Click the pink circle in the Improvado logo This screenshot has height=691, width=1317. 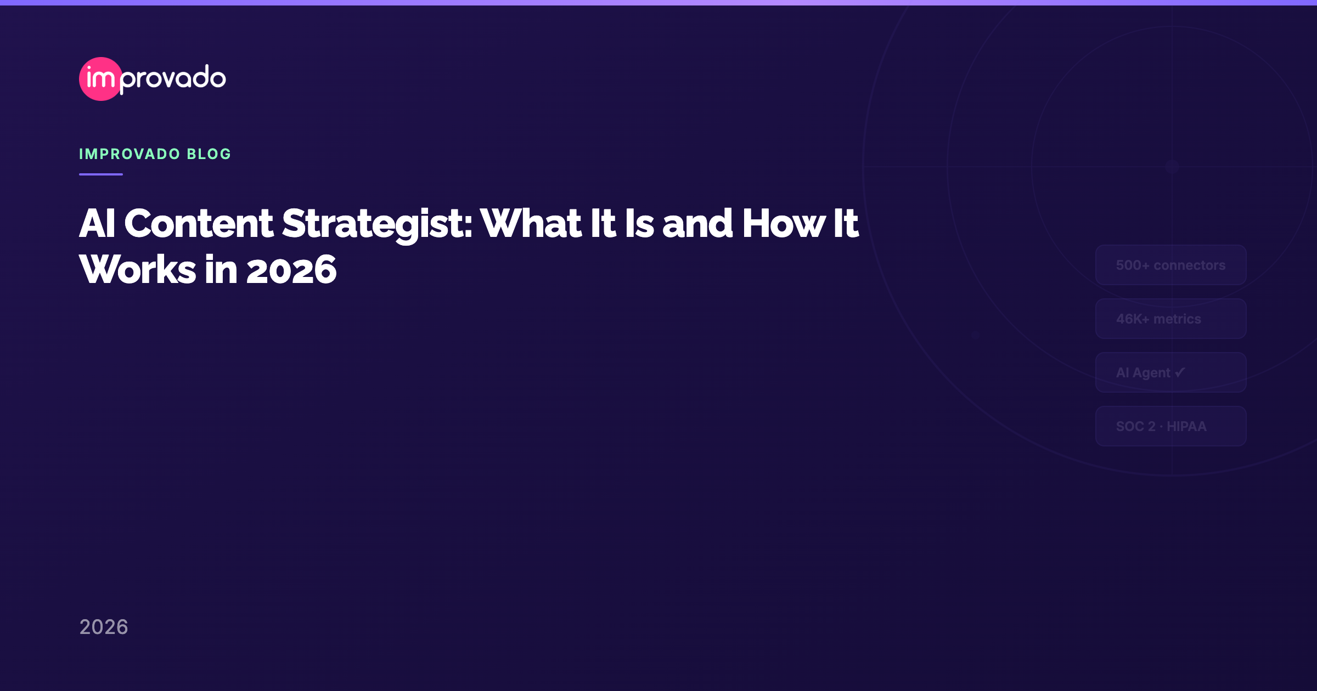pos(100,79)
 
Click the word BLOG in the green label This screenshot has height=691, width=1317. pos(209,154)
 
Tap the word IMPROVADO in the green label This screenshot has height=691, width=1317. pos(130,154)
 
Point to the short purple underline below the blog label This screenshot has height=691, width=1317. pos(101,174)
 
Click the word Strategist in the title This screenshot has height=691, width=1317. pos(377,224)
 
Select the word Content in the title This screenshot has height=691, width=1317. pos(199,224)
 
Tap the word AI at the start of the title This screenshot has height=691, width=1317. pos(97,224)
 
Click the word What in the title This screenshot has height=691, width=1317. pos(531,224)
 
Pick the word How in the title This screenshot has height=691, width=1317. pos(784,224)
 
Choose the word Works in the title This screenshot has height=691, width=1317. pos(138,270)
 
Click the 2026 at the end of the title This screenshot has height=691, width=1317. pos(291,270)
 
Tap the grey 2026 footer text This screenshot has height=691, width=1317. pos(104,627)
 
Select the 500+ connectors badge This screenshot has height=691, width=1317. pos(1170,265)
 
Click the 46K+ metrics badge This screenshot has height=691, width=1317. pos(1170,319)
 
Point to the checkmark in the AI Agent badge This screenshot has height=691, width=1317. pos(1180,372)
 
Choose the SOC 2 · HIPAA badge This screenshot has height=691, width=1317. pos(1170,427)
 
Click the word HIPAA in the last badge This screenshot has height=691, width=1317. pos(1186,427)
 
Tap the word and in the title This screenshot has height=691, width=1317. pos(697,224)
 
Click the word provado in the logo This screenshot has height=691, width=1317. pos(173,78)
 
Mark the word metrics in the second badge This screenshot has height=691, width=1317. pos(1177,319)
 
